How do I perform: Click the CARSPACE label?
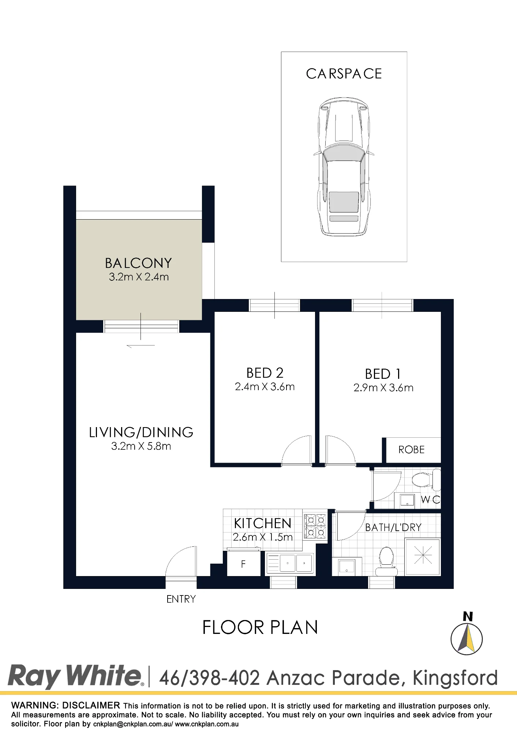[x=344, y=74]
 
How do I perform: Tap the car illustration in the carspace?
[x=344, y=167]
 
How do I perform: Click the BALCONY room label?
[x=138, y=263]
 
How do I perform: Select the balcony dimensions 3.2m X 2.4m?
[x=139, y=277]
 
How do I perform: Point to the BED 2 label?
[x=265, y=373]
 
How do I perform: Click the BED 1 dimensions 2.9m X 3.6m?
[x=383, y=388]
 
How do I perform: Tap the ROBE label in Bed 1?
[x=411, y=450]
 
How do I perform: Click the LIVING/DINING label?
[x=141, y=432]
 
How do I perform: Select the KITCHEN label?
[x=263, y=523]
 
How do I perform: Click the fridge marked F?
[x=243, y=564]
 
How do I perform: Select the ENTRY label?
[x=181, y=599]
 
